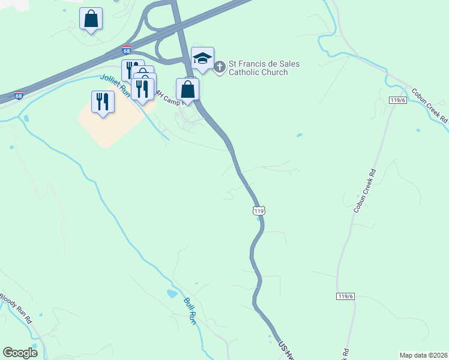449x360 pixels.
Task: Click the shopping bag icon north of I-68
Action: click(x=91, y=19)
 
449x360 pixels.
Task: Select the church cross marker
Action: click(x=219, y=67)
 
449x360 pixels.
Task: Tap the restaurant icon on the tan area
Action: click(x=103, y=101)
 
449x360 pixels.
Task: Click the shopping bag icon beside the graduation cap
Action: click(x=188, y=89)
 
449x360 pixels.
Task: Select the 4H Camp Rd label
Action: click(x=167, y=96)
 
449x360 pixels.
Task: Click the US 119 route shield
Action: click(x=259, y=211)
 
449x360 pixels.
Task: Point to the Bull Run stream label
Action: click(x=190, y=310)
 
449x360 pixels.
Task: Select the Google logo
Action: click(x=20, y=352)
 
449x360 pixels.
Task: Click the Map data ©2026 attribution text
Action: click(x=423, y=355)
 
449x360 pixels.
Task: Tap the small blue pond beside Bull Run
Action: click(x=172, y=294)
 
